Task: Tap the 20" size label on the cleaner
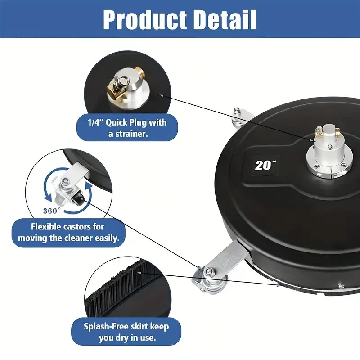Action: click(x=265, y=165)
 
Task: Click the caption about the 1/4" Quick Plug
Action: click(x=127, y=128)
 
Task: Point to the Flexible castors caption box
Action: click(x=68, y=232)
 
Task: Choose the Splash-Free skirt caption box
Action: click(x=126, y=332)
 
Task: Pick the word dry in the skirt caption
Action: click(x=128, y=338)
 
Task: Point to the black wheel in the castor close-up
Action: click(x=77, y=198)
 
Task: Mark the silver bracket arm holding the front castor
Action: click(x=226, y=257)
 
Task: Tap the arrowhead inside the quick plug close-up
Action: click(x=161, y=95)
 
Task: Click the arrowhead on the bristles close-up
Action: click(x=139, y=273)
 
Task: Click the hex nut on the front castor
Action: click(x=209, y=271)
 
